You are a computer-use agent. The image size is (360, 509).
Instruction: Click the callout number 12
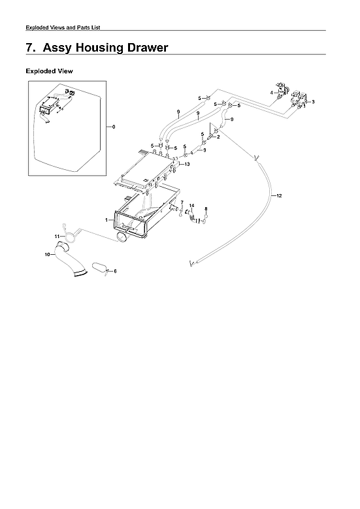[x=279, y=196]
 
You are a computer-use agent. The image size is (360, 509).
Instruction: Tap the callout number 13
[x=187, y=165]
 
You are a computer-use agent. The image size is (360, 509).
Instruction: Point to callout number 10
[x=46, y=255]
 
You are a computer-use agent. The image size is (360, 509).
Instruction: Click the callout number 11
[x=57, y=236]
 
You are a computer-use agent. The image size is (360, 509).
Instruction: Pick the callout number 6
[x=115, y=271]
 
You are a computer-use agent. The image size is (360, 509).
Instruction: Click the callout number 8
[x=206, y=209]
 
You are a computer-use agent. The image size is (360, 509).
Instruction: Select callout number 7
[x=182, y=203]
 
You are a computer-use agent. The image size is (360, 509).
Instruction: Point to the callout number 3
[x=313, y=103]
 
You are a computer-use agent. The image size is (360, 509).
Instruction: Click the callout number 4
[x=272, y=93]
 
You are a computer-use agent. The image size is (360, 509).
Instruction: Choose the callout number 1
[x=106, y=220]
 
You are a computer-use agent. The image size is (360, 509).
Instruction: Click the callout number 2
[x=218, y=137]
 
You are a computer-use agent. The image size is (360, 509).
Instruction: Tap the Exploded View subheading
[x=49, y=71]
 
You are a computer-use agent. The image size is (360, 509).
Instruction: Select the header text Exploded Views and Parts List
[x=63, y=27]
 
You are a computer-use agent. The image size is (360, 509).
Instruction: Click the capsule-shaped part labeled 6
[x=100, y=267]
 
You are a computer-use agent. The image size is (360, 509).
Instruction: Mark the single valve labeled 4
[x=282, y=90]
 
